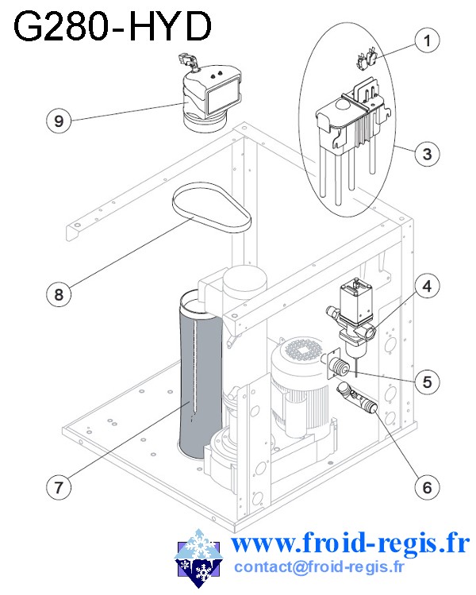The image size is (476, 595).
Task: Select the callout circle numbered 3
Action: [427, 153]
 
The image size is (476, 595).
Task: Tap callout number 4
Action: [427, 285]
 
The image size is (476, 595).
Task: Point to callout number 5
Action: [427, 382]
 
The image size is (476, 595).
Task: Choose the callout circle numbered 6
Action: [427, 486]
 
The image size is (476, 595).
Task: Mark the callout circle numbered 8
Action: [58, 294]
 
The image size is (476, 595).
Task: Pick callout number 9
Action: [58, 121]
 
